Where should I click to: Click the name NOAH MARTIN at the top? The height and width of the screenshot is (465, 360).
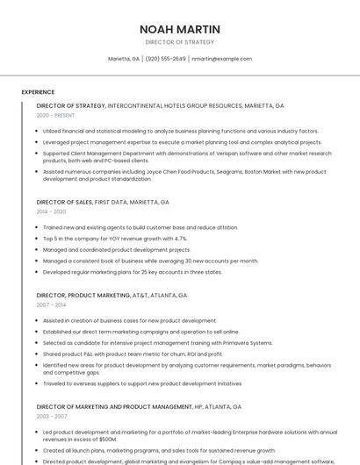(x=179, y=29)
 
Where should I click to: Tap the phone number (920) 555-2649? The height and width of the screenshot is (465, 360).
(x=166, y=59)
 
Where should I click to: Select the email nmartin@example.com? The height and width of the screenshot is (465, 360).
(x=221, y=59)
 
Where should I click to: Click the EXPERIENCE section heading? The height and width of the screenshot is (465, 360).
(x=38, y=92)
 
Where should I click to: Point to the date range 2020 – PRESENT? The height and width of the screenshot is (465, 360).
(x=55, y=115)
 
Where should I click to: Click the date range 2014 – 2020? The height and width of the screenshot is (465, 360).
(x=51, y=211)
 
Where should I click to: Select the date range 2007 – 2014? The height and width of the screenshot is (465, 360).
(x=51, y=305)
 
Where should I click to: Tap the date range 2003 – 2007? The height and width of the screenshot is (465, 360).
(x=51, y=416)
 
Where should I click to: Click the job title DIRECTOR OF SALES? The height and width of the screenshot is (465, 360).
(x=64, y=202)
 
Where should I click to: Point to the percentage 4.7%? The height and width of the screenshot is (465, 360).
(x=179, y=239)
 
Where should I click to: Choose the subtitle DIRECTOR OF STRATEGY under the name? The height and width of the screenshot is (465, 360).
(x=179, y=42)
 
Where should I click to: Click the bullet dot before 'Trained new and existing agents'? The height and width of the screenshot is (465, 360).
(x=38, y=227)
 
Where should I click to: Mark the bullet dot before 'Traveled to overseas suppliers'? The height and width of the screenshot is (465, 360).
(x=38, y=383)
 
